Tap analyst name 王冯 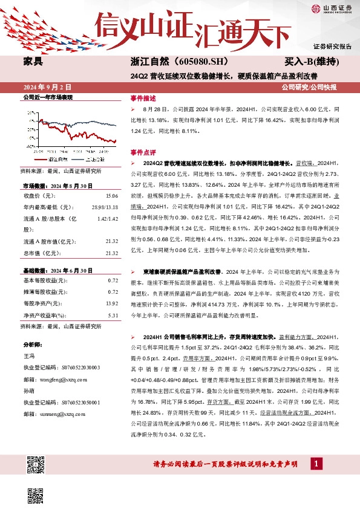point(28,357)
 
